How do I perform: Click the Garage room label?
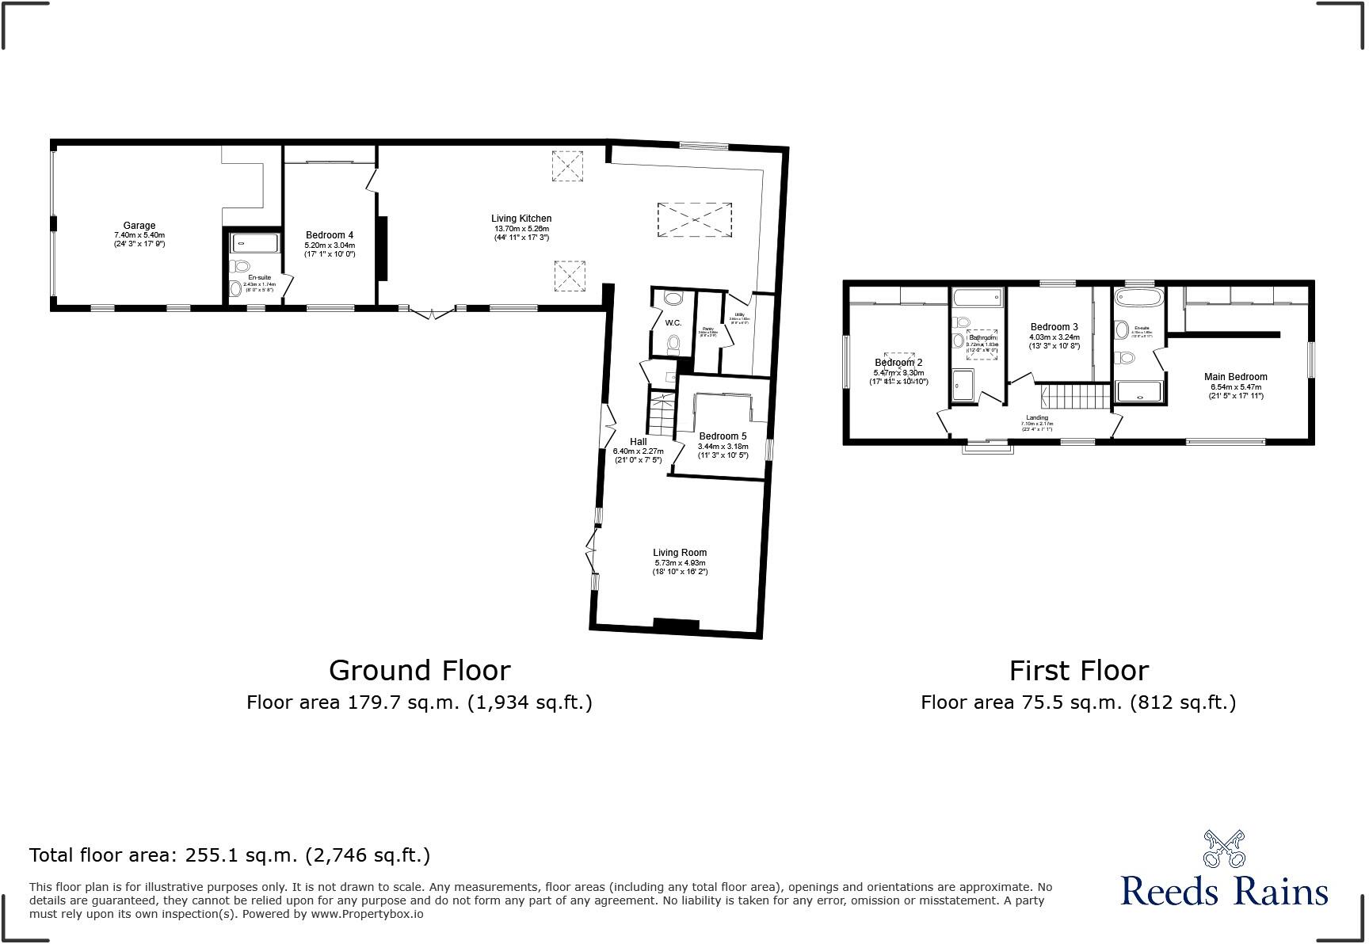pos(139,226)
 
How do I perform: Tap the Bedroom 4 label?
pos(330,235)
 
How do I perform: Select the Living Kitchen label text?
pos(521,219)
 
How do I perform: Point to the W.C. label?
pos(673,323)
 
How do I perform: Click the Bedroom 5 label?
pos(723,436)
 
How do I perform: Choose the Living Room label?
pos(680,553)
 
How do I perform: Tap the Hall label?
pos(638,442)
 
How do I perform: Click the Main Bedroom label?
pos(1235,377)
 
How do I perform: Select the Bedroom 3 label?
pos(1054,327)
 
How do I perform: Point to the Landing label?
pos(1037,417)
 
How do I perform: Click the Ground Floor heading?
pos(419,671)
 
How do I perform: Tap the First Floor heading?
pos(1078,671)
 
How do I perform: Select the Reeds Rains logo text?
pos(1224,891)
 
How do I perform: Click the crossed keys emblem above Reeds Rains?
pos(1224,848)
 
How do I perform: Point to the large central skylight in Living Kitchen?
pos(694,219)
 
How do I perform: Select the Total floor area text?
pos(230,855)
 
